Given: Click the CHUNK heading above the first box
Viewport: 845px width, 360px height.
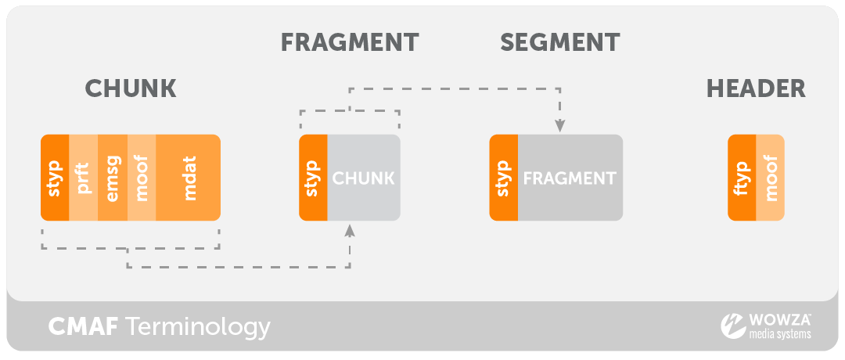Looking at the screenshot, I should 130,88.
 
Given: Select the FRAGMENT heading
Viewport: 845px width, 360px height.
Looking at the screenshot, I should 350,42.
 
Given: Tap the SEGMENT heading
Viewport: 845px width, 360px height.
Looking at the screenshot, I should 560,42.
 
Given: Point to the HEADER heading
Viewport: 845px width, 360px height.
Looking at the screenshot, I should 756,88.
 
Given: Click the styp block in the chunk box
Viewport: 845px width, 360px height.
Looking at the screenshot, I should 55,178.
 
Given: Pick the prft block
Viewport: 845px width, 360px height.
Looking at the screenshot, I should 84,178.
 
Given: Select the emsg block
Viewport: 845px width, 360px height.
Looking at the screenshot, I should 112,178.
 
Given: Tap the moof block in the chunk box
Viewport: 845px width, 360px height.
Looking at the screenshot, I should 141,178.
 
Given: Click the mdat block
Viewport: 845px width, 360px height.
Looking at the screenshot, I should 188,178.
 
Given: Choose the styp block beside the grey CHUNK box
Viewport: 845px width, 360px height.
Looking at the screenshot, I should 313,178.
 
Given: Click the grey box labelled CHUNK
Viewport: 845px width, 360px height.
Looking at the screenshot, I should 364,178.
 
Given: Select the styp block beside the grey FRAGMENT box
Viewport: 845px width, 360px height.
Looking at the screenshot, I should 503,178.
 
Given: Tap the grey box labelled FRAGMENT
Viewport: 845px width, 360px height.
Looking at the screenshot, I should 570,178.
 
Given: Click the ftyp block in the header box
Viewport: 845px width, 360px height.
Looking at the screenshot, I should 742,178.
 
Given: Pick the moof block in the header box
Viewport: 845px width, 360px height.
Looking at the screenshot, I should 771,178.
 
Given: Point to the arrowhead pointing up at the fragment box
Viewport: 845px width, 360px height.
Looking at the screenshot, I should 350,230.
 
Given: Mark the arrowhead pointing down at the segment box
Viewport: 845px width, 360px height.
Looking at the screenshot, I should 560,124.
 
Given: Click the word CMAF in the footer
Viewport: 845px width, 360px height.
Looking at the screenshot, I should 83,326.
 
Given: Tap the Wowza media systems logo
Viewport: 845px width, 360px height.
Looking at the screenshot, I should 766,326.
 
